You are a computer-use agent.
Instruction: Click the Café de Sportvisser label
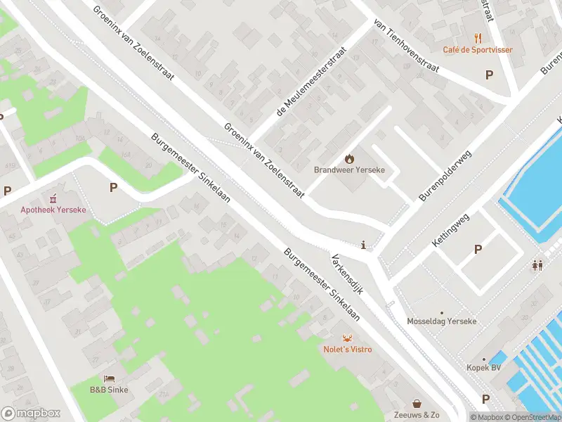pos(477,50)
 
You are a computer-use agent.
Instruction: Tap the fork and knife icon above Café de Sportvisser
pos(478,38)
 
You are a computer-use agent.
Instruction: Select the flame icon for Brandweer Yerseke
pos(349,159)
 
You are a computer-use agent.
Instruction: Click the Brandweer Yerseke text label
pos(349,170)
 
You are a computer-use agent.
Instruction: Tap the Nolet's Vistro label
pos(348,349)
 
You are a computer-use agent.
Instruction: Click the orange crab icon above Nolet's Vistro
pos(347,338)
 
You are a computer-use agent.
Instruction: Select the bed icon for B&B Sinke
pos(109,378)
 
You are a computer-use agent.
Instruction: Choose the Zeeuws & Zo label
pos(417,415)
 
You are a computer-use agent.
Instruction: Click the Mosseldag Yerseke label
pos(442,321)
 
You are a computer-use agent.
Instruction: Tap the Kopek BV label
pos(483,367)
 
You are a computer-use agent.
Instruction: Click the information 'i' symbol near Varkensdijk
pos(363,245)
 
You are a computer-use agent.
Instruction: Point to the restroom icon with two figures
pos(537,265)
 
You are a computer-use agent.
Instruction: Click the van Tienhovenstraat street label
pos(407,46)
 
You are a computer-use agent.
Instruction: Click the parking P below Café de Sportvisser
pos(490,75)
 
